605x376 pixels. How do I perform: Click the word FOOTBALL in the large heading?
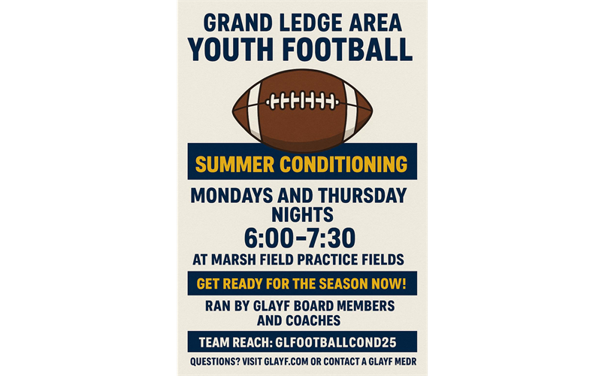click(348, 50)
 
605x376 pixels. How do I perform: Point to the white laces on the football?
click(302, 101)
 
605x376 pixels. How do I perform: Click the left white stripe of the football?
click(253, 109)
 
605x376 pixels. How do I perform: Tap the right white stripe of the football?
click(350, 110)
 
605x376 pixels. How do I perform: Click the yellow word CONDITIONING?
click(343, 165)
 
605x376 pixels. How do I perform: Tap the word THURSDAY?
click(362, 196)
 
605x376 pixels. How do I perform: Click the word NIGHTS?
click(302, 214)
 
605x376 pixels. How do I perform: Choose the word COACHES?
click(313, 320)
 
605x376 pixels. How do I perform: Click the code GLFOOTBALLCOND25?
click(335, 342)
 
